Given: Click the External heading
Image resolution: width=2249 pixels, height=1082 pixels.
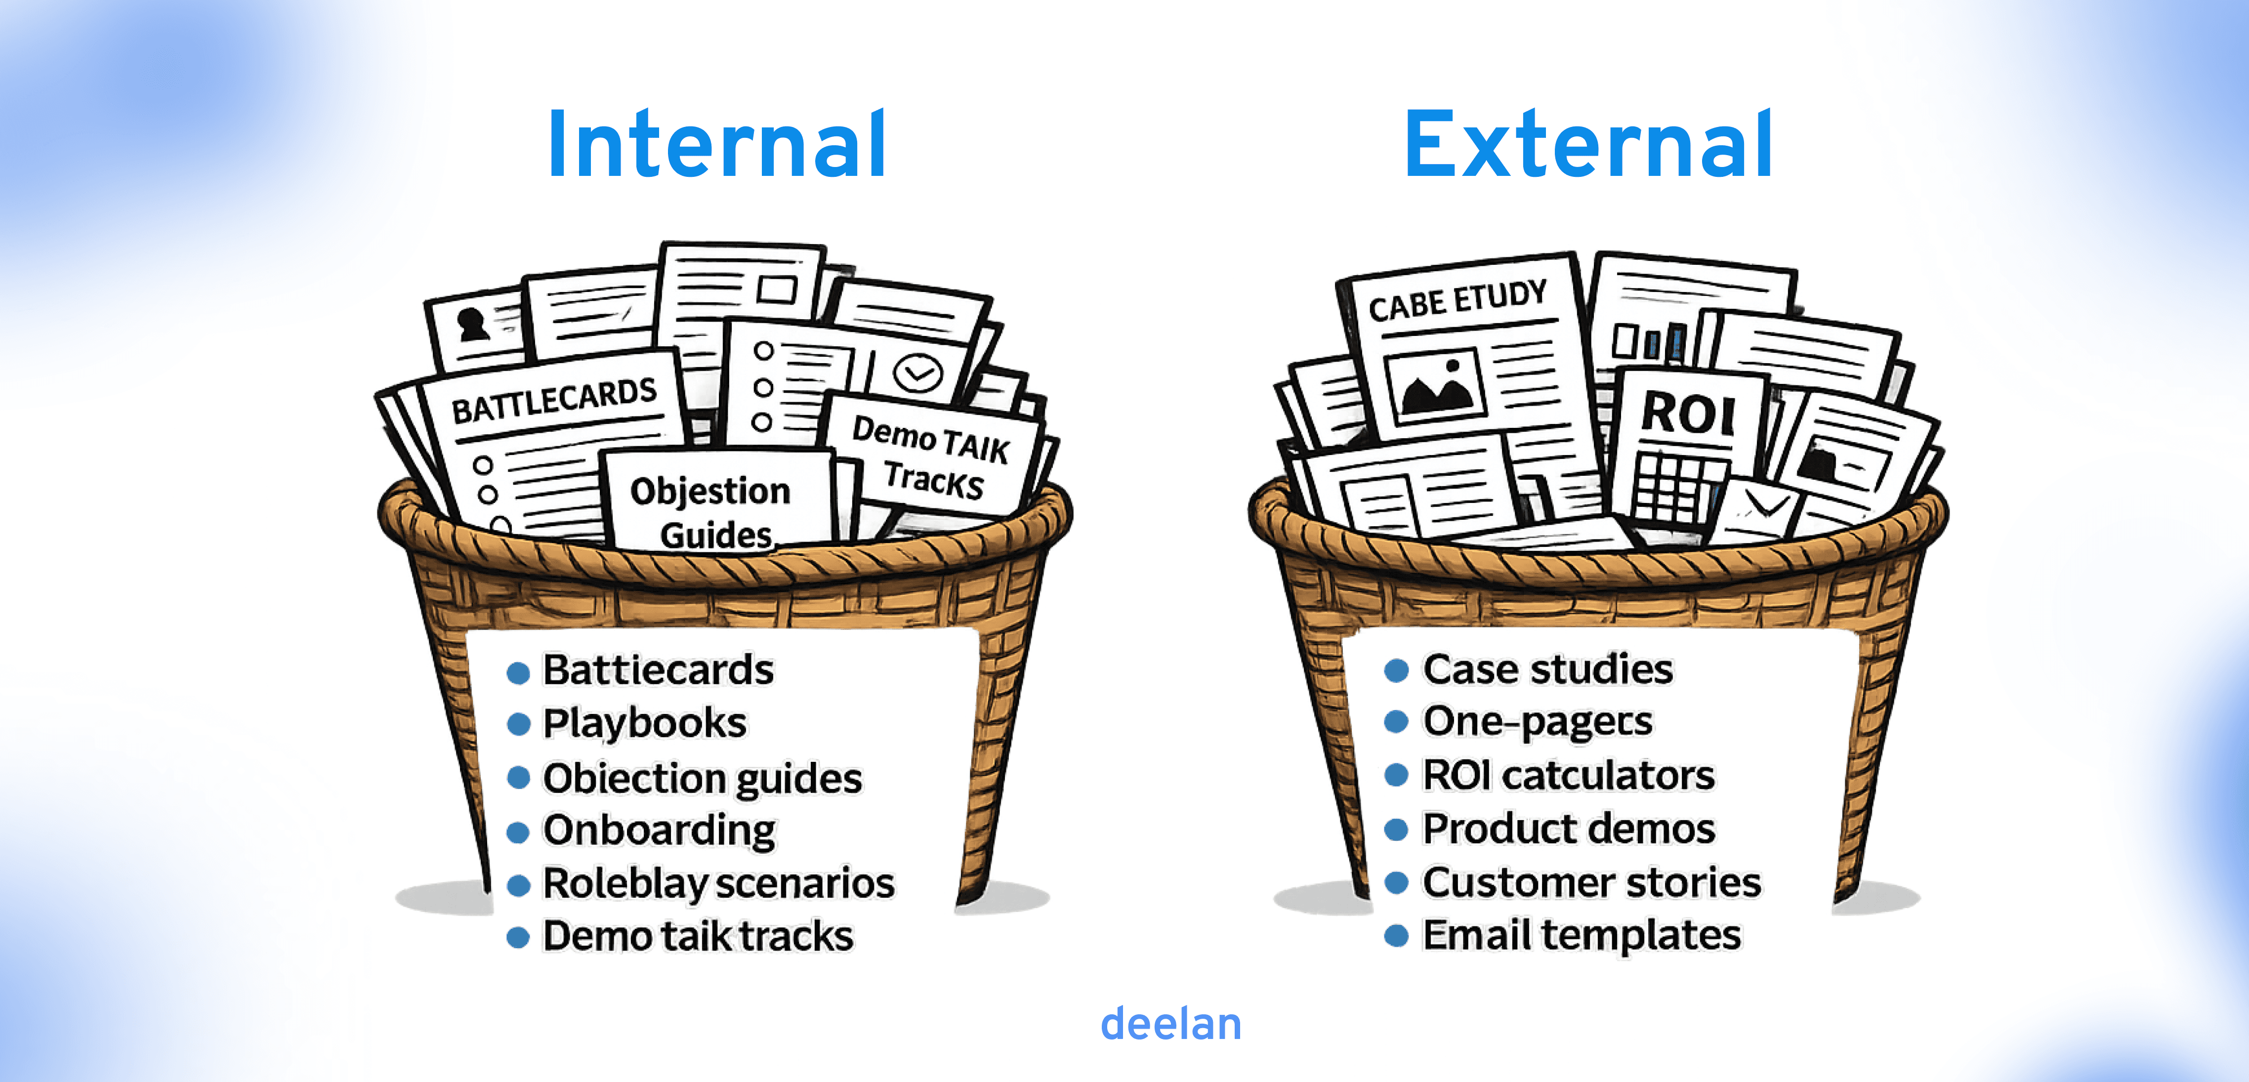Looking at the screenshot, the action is [1588, 144].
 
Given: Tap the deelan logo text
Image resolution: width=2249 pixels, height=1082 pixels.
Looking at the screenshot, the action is [1171, 1024].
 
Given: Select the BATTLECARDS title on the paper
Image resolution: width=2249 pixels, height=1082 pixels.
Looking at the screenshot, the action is [553, 400].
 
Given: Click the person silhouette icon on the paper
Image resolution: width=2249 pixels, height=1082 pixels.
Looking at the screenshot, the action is [472, 324].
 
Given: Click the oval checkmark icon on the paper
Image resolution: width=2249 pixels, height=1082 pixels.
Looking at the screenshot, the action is [917, 374].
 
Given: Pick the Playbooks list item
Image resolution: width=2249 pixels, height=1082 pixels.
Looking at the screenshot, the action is [644, 723].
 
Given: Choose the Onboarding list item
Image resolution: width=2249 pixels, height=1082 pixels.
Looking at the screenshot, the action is [659, 830].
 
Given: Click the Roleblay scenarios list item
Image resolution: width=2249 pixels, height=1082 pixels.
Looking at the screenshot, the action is [718, 883].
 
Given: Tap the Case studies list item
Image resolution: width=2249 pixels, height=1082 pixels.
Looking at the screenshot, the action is [1547, 670].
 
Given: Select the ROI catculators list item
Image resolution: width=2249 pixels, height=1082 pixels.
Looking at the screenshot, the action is [1568, 776].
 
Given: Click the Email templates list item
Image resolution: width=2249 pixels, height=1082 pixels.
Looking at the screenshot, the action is [1581, 935].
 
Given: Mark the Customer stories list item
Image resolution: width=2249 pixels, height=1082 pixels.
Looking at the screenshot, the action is [1591, 882].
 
